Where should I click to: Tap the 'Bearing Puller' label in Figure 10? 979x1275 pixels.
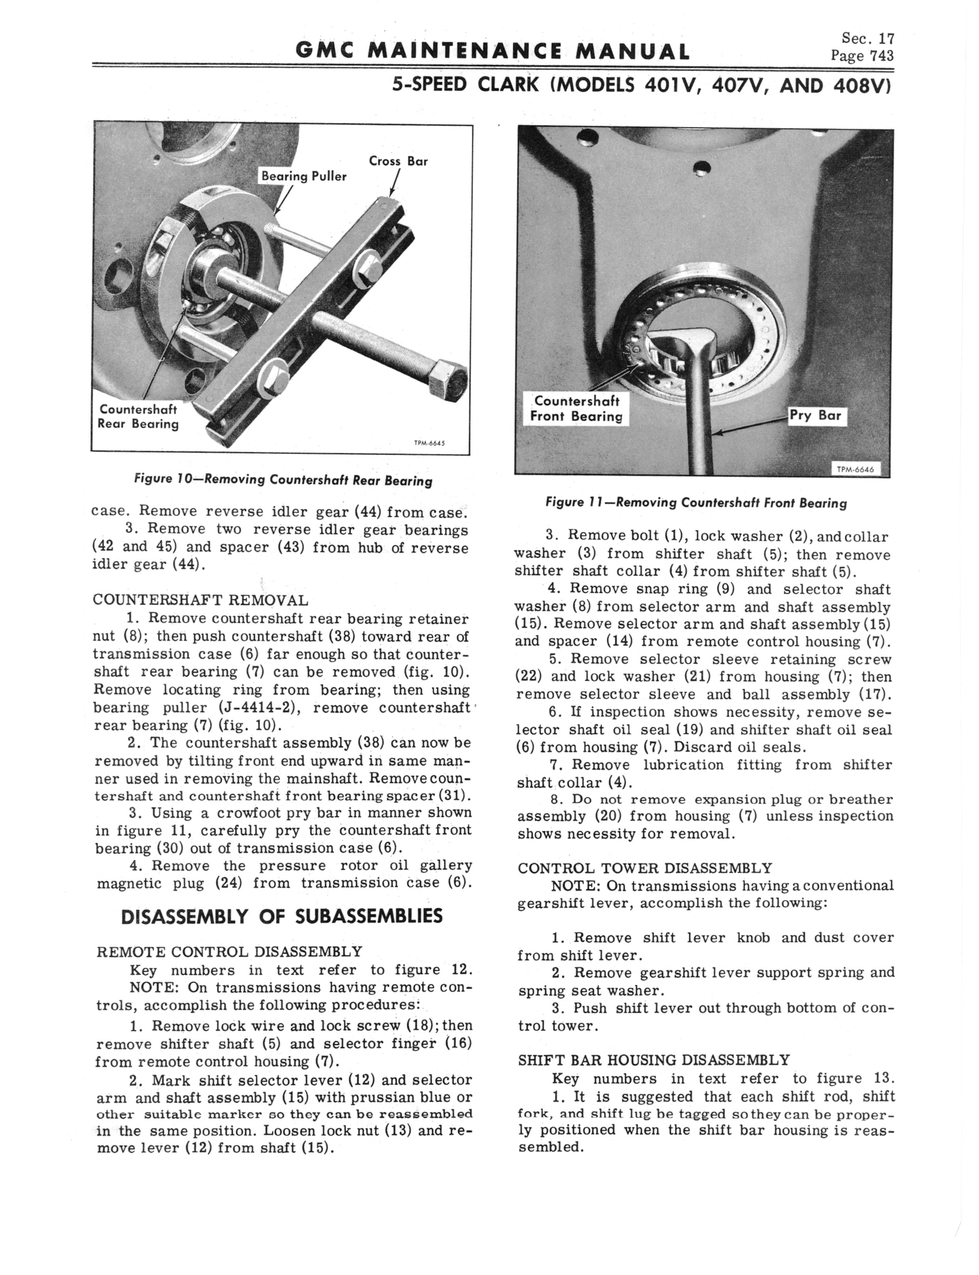304,176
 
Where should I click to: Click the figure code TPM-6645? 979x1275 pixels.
429,443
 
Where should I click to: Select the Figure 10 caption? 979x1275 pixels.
283,480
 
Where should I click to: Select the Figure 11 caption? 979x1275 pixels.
696,502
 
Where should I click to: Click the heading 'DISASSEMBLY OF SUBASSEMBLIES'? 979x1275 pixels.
281,916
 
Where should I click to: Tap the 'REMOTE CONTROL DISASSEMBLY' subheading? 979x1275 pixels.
229,952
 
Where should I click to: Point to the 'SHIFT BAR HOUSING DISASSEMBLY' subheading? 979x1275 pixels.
654,1059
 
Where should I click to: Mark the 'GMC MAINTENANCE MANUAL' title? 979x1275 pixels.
492,51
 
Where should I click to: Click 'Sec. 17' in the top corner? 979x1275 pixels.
867,38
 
